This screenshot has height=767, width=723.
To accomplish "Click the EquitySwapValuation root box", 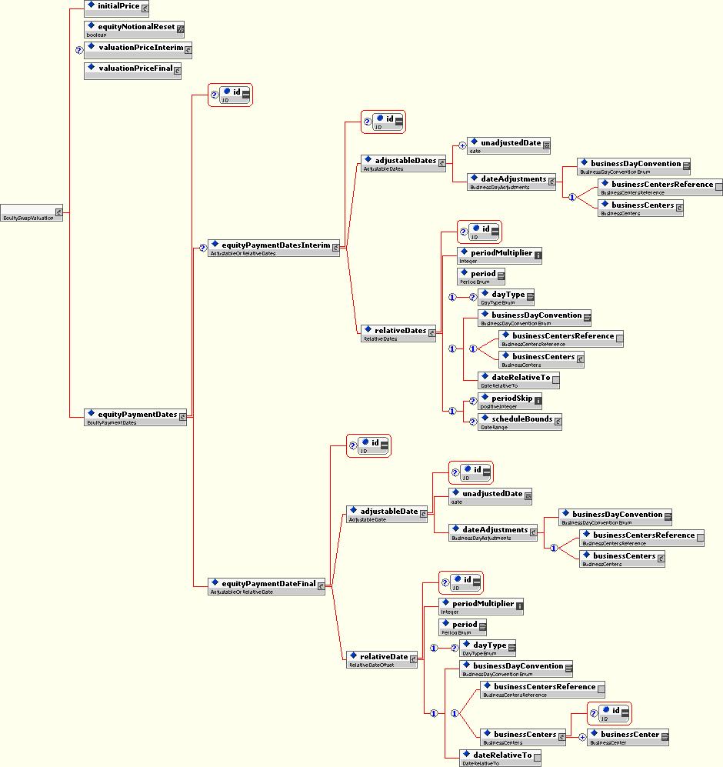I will (32, 213).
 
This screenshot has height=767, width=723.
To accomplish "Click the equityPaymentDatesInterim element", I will (273, 248).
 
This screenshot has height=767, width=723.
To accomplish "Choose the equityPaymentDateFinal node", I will (266, 585).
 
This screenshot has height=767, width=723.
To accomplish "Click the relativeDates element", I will (398, 332).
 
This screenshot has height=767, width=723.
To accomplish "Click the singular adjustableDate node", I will (385, 513).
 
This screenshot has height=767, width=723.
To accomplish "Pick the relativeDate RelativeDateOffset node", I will (381, 659).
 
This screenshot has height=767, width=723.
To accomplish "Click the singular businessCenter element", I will (627, 736).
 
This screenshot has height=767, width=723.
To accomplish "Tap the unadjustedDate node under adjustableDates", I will (508, 145).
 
